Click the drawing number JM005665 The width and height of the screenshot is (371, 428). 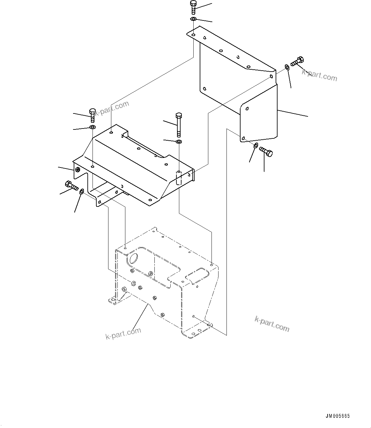click(338, 416)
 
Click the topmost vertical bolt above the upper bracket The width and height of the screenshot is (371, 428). click(193, 7)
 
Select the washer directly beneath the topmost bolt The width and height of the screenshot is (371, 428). click(193, 19)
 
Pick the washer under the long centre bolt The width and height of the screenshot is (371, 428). click(179, 141)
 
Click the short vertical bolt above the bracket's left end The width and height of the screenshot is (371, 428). click(93, 115)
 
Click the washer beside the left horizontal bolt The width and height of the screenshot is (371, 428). click(81, 191)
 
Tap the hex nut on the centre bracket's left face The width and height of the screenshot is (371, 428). click(77, 170)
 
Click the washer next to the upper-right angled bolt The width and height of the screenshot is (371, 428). click(287, 67)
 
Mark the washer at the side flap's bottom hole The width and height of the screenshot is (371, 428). click(256, 146)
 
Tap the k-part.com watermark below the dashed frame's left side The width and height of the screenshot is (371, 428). click(123, 334)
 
